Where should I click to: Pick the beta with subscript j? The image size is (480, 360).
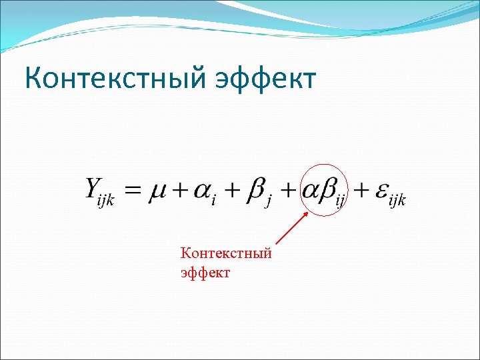click(x=255, y=191)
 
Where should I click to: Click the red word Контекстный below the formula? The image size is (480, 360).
click(x=225, y=254)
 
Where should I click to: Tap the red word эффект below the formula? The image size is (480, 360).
click(x=205, y=272)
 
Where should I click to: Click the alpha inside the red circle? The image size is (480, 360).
click(x=312, y=191)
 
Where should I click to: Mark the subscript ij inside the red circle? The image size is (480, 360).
click(x=341, y=202)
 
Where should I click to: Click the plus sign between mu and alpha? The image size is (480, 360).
click(x=179, y=193)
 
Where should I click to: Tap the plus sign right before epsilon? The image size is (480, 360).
click(x=360, y=193)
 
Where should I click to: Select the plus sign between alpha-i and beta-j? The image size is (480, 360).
click(x=232, y=193)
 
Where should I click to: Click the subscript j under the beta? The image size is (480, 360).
click(x=267, y=203)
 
